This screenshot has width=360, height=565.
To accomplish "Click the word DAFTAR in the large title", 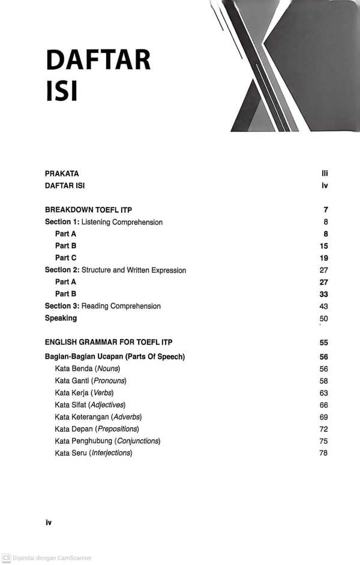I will click(98, 61).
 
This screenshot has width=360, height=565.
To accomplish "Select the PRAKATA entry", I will click(62, 174).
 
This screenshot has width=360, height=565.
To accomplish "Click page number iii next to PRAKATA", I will click(325, 174).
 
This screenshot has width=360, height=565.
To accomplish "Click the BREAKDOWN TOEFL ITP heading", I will click(88, 210).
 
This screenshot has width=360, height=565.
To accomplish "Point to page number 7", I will click(326, 210).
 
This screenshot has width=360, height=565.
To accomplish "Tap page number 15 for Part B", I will click(324, 246).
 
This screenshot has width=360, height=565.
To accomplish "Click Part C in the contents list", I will click(65, 258).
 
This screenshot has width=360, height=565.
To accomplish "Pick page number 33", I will click(324, 294).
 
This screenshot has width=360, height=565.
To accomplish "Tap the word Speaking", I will click(61, 318).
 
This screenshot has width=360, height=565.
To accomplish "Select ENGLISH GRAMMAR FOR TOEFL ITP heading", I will click(109, 342).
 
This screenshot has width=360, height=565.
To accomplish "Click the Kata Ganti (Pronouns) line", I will click(91, 381).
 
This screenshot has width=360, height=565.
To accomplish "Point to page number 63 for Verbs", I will click(324, 393).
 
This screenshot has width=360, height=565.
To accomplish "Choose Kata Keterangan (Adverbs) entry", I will click(98, 417).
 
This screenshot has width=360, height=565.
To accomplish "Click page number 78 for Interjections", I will click(324, 453).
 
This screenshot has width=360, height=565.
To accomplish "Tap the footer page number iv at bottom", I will click(49, 522).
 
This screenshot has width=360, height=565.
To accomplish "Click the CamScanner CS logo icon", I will click(6, 558).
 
